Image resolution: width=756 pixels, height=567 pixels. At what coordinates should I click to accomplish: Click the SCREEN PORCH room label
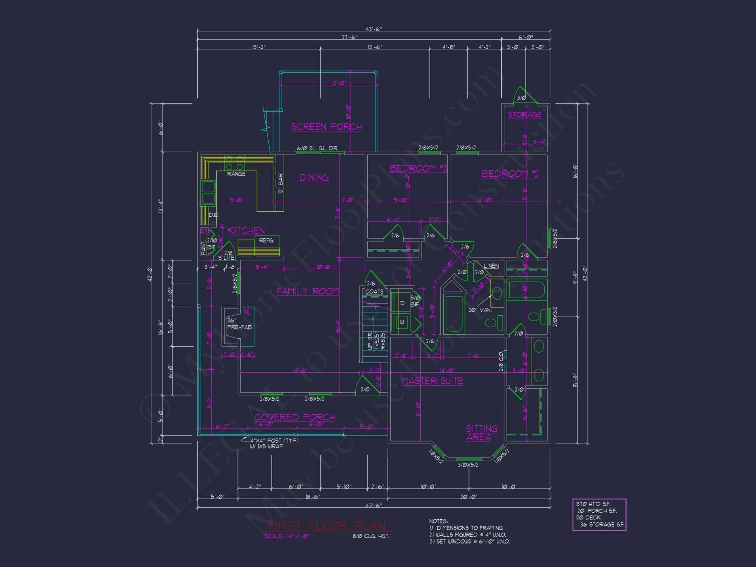point(327,127)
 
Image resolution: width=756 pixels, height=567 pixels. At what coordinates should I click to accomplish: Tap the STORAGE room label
point(525,115)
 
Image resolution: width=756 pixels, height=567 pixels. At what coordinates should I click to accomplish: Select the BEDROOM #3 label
point(418,168)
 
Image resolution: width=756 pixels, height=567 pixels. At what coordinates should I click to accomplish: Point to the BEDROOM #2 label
point(510,174)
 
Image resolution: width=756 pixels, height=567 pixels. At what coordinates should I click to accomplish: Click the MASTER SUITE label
point(432,381)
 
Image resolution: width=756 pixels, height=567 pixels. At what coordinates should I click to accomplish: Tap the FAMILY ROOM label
point(307,291)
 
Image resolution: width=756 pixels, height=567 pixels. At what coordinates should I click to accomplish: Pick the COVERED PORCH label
point(294,417)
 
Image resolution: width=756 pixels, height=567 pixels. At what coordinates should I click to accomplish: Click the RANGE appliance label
point(236,174)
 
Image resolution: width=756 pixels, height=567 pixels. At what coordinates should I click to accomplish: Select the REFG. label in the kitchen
point(266,240)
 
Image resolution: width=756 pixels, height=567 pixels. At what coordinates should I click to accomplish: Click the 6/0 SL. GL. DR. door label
point(317,148)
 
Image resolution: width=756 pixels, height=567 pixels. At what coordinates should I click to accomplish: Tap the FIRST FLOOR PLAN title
point(327,525)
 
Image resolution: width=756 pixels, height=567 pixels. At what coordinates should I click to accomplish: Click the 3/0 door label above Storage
point(522,98)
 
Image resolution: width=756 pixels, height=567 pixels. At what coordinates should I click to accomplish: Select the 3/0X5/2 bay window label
point(468,465)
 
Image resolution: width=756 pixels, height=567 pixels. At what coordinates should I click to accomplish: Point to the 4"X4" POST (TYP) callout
point(274,440)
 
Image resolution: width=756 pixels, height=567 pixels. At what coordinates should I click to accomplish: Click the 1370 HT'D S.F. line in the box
point(592,504)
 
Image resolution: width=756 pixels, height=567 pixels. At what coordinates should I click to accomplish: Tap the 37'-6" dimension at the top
point(349,37)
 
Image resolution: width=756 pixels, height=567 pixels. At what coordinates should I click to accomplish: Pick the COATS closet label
point(374,291)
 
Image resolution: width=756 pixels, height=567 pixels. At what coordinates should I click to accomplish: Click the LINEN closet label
point(491,266)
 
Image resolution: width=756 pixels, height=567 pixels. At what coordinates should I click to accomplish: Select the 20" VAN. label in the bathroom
point(480,310)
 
